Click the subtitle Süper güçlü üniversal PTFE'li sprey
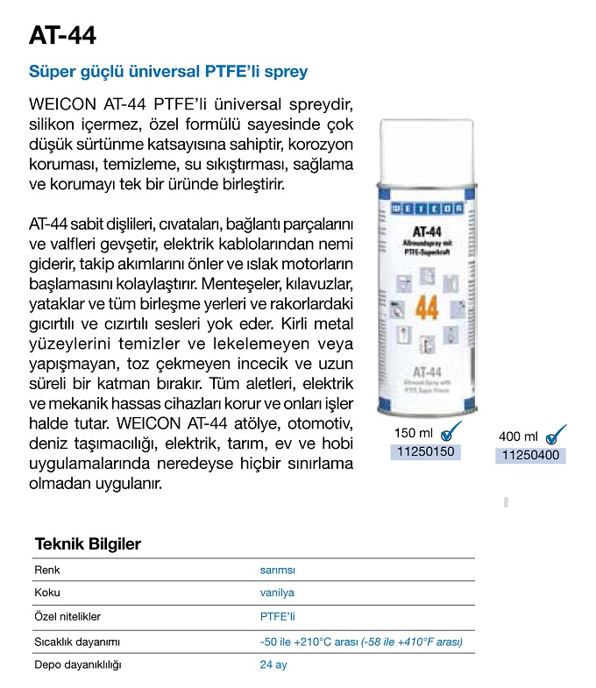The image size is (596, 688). coord(168,71)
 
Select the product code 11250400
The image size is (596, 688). coord(529,455)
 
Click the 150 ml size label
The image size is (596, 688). coord(414,434)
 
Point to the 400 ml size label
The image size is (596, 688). coord(518,436)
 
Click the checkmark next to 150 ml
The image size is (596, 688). coord(451,431)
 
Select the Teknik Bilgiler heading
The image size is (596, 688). coord(87,544)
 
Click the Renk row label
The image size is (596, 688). coord(46,569)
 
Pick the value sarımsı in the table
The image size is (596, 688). coord(277,569)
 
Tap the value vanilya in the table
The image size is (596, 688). coord(277,592)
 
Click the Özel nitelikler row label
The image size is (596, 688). coord(68,617)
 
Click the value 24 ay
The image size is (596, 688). coord(273,665)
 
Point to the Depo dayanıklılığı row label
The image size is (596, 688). coord(77,665)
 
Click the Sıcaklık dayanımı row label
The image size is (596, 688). coord(74,642)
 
